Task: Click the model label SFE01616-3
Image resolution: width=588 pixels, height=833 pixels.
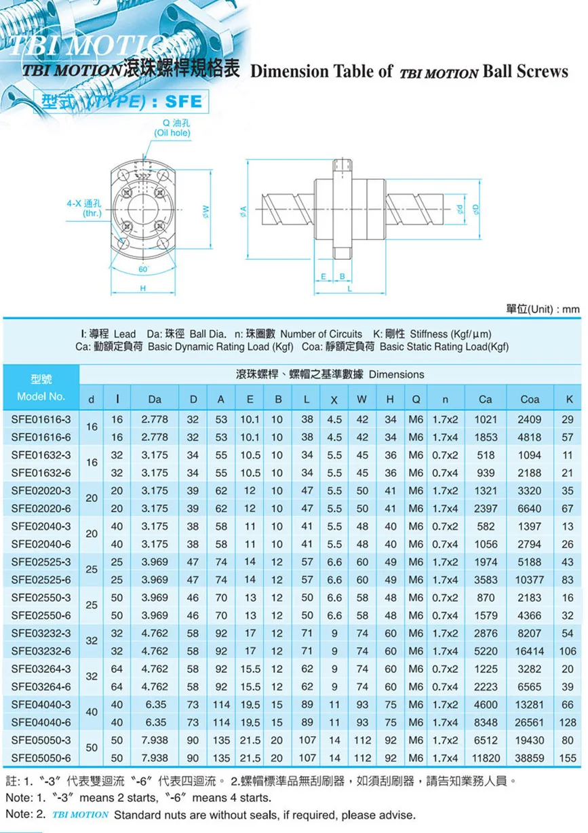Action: point(40,419)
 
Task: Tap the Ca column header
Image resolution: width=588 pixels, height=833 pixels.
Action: point(485,400)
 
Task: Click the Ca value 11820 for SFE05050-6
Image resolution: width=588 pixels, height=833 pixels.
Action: point(485,758)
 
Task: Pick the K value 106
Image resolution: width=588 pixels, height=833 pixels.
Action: point(567,651)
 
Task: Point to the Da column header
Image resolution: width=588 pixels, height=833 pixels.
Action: point(155,400)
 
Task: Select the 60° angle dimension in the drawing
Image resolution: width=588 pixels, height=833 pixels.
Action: point(143,269)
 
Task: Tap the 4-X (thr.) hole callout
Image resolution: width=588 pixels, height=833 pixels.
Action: point(84,208)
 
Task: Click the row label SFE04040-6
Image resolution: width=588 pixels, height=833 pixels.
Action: point(40,722)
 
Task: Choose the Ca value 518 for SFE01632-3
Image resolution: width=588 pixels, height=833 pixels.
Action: point(485,455)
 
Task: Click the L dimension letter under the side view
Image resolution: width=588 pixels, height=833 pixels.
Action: point(350,288)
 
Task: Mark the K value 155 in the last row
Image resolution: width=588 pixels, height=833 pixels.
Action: point(567,758)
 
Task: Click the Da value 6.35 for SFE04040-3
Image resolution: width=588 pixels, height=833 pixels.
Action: point(155,705)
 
